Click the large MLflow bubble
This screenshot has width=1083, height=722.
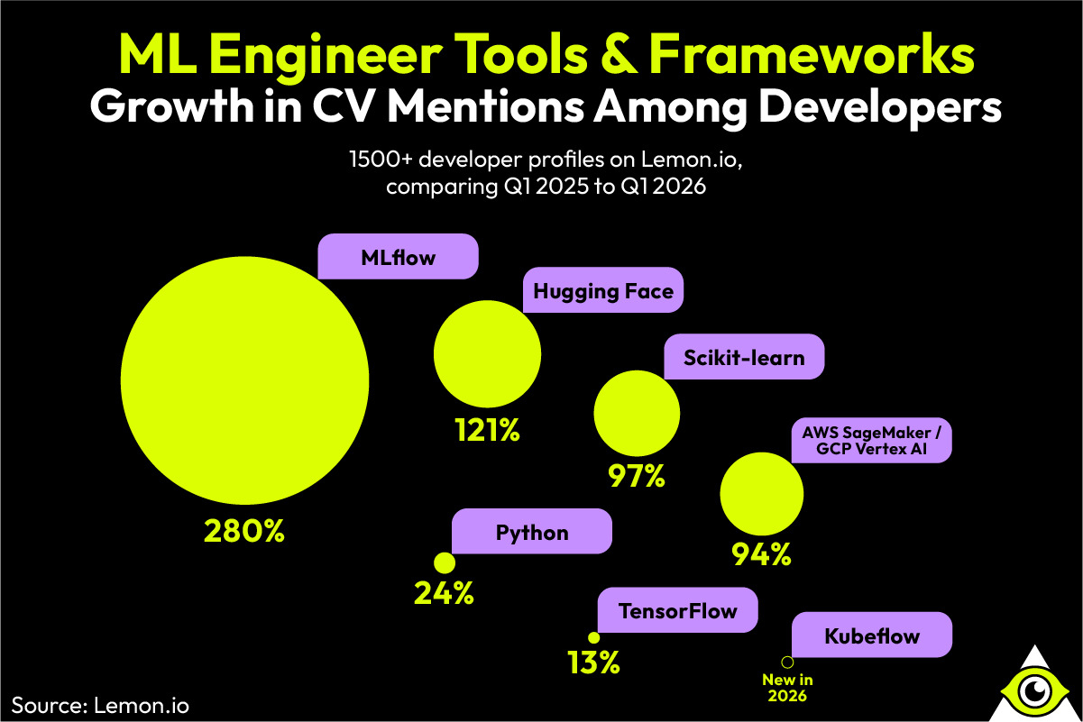244,381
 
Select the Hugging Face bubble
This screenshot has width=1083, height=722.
487,353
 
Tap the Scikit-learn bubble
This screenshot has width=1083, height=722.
636,413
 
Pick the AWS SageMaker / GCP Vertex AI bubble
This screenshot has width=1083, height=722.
761,494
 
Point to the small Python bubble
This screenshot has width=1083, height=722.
445,563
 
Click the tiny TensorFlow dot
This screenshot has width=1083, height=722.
593,637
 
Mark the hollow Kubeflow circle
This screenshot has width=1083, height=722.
786,662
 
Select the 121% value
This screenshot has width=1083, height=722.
487,431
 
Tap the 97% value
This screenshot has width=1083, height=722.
636,475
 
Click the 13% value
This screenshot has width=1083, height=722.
593,663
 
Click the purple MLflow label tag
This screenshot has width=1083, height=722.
398,258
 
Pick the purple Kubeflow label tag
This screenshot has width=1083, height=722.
871,636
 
